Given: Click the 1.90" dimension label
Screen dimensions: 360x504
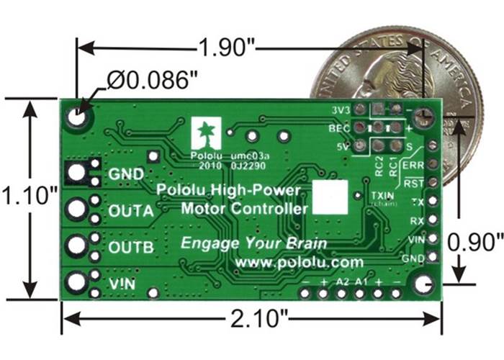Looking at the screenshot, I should click(226, 49).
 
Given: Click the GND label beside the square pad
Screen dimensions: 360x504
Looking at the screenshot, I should click(125, 174).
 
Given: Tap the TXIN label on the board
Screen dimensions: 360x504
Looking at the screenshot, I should click(382, 196).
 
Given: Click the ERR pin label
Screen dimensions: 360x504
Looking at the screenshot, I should click(415, 166).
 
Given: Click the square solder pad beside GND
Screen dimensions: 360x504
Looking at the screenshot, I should click(76, 172).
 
